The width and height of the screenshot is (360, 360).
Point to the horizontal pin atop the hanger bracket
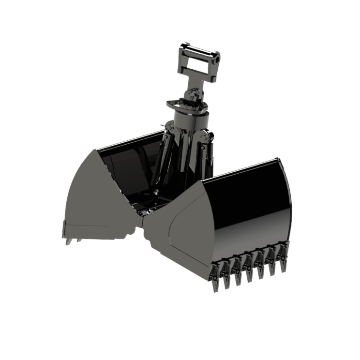coord(198,49)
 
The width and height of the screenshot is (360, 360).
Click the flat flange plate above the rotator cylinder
coord(189,105)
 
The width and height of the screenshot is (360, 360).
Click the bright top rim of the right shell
coord(242,170)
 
